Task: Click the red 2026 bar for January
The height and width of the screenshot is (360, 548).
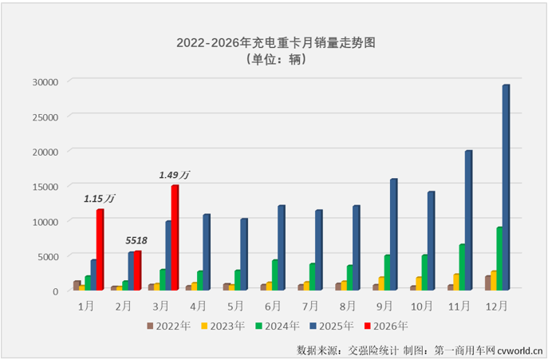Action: (100, 249)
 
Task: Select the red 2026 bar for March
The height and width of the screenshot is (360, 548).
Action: (175, 237)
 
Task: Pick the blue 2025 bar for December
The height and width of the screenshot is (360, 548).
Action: (506, 188)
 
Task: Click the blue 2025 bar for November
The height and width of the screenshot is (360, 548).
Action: (468, 220)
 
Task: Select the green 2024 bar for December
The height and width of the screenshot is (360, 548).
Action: (499, 259)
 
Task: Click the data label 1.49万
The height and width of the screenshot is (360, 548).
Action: (174, 175)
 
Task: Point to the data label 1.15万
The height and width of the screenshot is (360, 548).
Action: (98, 198)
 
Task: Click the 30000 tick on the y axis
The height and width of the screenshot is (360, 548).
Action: (45, 81)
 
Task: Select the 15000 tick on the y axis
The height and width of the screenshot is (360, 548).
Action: (45, 186)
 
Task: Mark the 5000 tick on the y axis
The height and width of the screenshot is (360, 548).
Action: (48, 256)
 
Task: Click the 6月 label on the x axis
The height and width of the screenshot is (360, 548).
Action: (273, 305)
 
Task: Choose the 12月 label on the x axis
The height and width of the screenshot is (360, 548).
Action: (496, 305)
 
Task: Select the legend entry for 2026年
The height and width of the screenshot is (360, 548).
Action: (386, 326)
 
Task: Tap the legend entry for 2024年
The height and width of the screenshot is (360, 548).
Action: (276, 326)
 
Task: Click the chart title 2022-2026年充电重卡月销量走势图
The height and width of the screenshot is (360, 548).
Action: (274, 44)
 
